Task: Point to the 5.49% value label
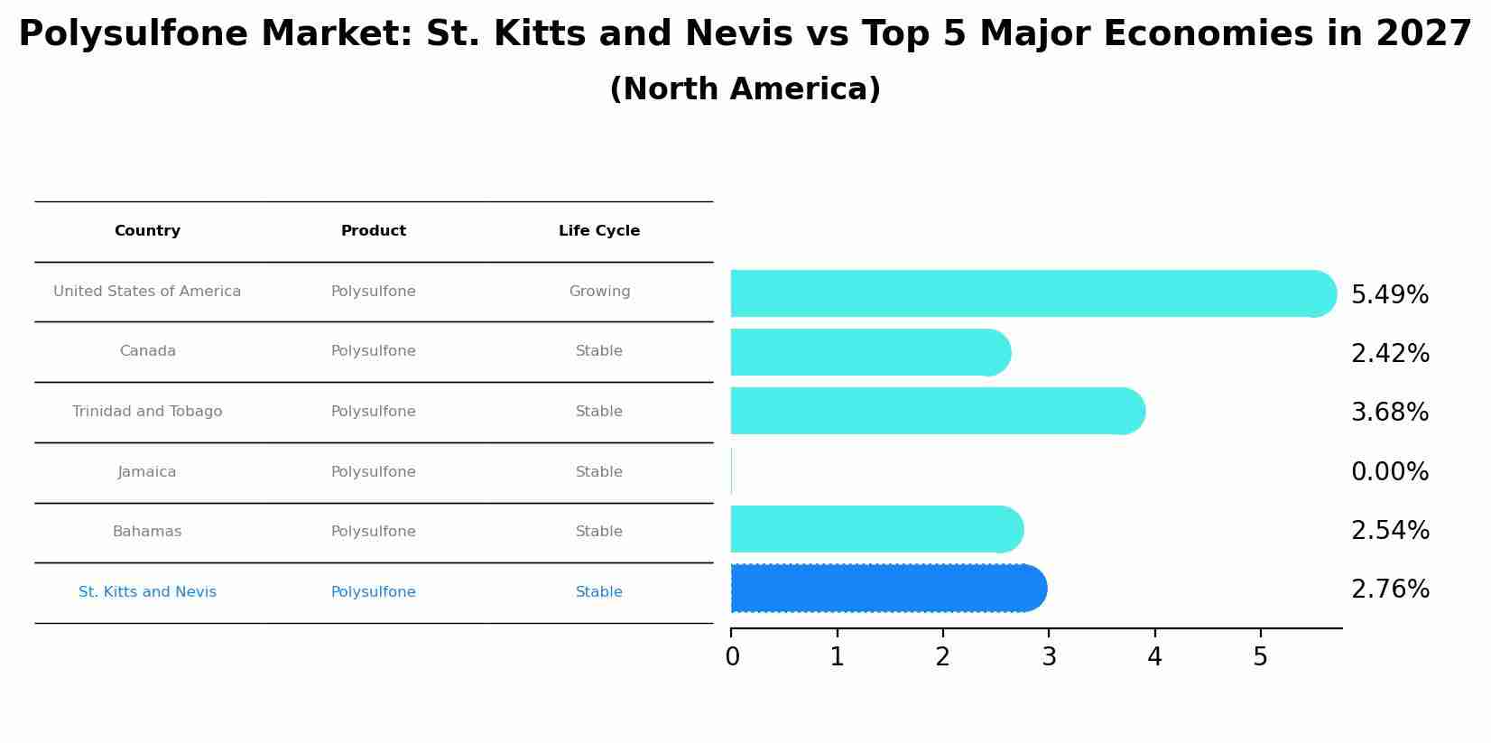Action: pyautogui.click(x=1389, y=295)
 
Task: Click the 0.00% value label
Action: pyautogui.click(x=1389, y=472)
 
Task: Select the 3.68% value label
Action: pyautogui.click(x=1389, y=413)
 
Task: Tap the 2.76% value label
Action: pyautogui.click(x=1389, y=590)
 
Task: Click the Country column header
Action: pyautogui.click(x=147, y=231)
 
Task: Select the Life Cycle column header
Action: pyautogui.click(x=599, y=231)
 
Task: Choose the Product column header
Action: pyautogui.click(x=374, y=231)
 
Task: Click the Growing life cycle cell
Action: pyautogui.click(x=599, y=292)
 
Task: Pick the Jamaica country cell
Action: pyautogui.click(x=147, y=472)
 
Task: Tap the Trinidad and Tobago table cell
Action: pyautogui.click(x=147, y=412)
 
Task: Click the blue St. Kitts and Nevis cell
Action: pyautogui.click(x=147, y=592)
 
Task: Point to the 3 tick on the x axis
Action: pyautogui.click(x=1049, y=657)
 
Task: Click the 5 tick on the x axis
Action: pyautogui.click(x=1260, y=657)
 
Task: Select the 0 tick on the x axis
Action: pyautogui.click(x=732, y=657)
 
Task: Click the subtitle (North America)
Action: pyautogui.click(x=745, y=89)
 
